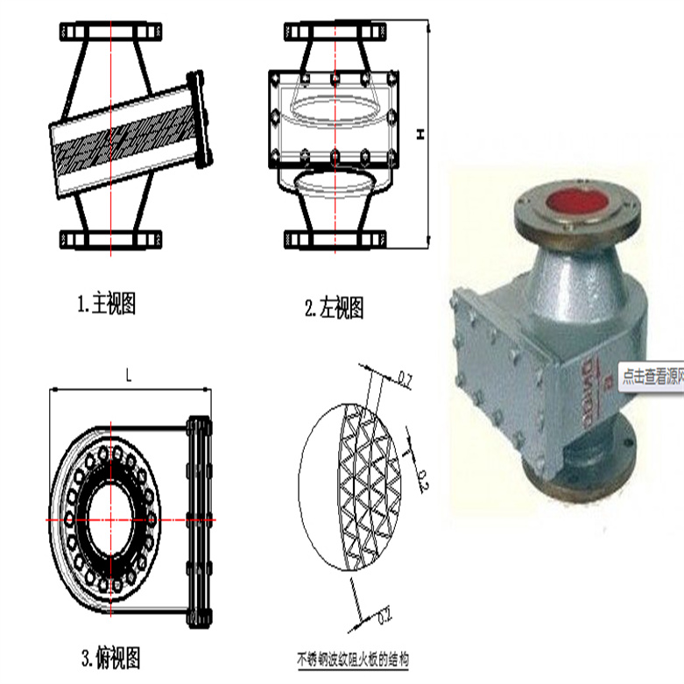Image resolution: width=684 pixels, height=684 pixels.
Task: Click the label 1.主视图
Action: [106, 305]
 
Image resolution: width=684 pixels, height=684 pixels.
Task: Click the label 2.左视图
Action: [334, 307]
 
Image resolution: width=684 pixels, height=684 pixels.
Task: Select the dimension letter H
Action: [420, 134]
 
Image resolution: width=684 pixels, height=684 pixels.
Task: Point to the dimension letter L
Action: [128, 376]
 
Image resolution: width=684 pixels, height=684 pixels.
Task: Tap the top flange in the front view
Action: [111, 33]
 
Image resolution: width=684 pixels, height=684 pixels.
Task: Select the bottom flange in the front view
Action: [111, 238]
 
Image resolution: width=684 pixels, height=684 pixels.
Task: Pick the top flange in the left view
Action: [334, 33]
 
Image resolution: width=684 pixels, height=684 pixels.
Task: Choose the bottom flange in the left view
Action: [334, 238]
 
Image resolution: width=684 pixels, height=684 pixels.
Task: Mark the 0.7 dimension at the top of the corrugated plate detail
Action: [405, 379]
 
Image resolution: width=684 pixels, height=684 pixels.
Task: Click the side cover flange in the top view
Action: [201, 518]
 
